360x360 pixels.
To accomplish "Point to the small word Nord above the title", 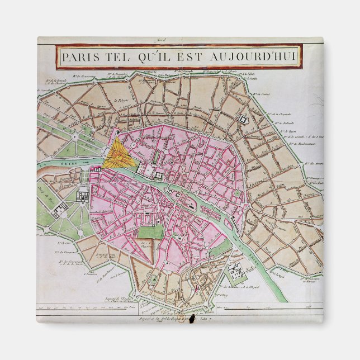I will (179, 40).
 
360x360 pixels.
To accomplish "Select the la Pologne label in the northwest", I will (121, 101).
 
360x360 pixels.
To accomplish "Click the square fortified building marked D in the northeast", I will (244, 120).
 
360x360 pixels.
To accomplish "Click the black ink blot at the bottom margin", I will (191, 320).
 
